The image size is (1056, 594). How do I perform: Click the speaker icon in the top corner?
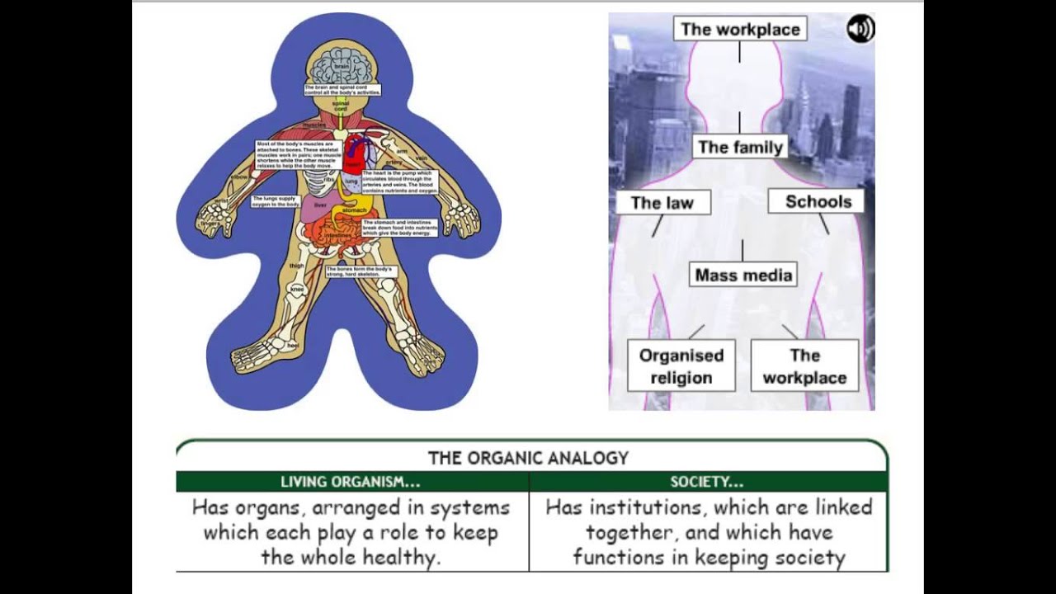coord(860,30)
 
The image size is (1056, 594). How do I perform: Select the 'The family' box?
coord(740,148)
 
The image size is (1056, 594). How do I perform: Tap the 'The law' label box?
coord(662,203)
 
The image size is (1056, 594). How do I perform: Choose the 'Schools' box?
coord(818,201)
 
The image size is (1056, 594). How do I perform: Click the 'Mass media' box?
coord(743,276)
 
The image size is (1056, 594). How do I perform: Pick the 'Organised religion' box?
coord(681,366)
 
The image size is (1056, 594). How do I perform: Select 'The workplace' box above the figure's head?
coord(740,30)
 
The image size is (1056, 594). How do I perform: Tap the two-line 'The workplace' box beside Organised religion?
coord(804,366)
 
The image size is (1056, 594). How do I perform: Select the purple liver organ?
coord(318,206)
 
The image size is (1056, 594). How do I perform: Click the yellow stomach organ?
coord(353,213)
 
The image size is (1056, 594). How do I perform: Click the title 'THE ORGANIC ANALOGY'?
coord(528,458)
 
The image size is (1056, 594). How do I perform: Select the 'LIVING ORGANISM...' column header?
coord(351,482)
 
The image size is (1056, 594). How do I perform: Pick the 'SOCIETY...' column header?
coord(706,482)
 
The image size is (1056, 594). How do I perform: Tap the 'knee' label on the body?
coord(298,290)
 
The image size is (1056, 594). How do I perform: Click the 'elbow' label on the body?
coord(240,177)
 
